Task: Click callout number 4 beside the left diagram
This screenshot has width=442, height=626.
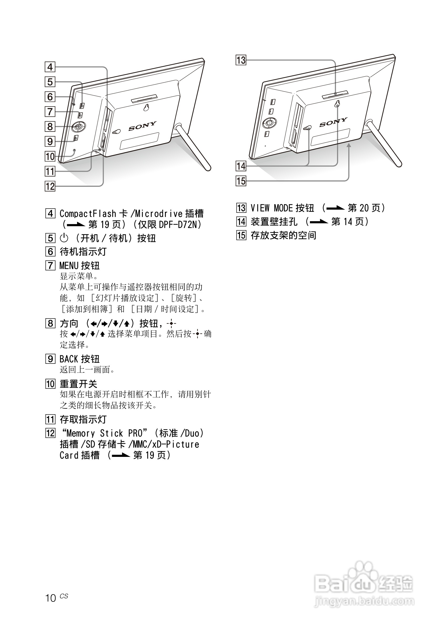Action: pyautogui.click(x=50, y=67)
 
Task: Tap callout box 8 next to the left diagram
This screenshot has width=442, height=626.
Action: pyautogui.click(x=50, y=127)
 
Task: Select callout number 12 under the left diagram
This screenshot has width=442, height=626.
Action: pyautogui.click(x=50, y=186)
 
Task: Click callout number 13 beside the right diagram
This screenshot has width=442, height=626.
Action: pyautogui.click(x=241, y=60)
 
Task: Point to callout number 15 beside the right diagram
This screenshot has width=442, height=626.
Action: pyautogui.click(x=241, y=181)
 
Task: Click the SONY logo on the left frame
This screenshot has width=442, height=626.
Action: pyautogui.click(x=142, y=126)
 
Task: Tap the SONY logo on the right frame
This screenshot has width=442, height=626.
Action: pyautogui.click(x=333, y=122)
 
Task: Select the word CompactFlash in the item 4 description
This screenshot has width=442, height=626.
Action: pyautogui.click(x=88, y=214)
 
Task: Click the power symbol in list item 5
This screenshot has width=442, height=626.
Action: pyautogui.click(x=64, y=238)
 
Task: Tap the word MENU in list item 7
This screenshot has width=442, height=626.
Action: pyautogui.click(x=69, y=265)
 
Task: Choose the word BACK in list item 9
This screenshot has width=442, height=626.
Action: pyautogui.click(x=69, y=359)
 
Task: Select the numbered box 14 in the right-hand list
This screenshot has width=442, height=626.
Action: pyautogui.click(x=241, y=222)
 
